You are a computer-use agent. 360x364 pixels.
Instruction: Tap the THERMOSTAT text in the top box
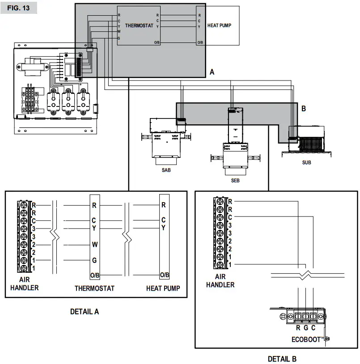(139, 26)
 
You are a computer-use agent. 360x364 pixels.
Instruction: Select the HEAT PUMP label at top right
(219, 26)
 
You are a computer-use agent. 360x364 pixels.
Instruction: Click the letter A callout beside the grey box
(212, 72)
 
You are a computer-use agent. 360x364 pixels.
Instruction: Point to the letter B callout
(303, 108)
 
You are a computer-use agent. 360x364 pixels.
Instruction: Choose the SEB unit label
(235, 180)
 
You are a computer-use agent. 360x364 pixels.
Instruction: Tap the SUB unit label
(306, 163)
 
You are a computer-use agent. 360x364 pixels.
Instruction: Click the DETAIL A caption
(85, 312)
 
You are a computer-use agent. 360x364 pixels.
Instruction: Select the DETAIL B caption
(282, 359)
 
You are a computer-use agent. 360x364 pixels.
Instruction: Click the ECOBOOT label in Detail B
(307, 339)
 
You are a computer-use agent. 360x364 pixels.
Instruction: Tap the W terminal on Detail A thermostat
(94, 245)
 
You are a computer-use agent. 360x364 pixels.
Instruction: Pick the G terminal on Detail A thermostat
(94, 260)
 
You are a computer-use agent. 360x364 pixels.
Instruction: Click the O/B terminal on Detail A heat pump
(164, 275)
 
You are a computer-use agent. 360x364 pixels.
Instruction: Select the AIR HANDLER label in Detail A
(25, 284)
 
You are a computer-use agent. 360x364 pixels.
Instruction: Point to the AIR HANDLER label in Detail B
(220, 281)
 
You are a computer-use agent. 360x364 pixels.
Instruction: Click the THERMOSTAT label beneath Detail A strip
(94, 288)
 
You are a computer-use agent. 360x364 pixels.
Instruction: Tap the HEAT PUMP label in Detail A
(163, 288)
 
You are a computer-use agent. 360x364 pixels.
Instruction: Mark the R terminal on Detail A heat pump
(164, 206)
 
